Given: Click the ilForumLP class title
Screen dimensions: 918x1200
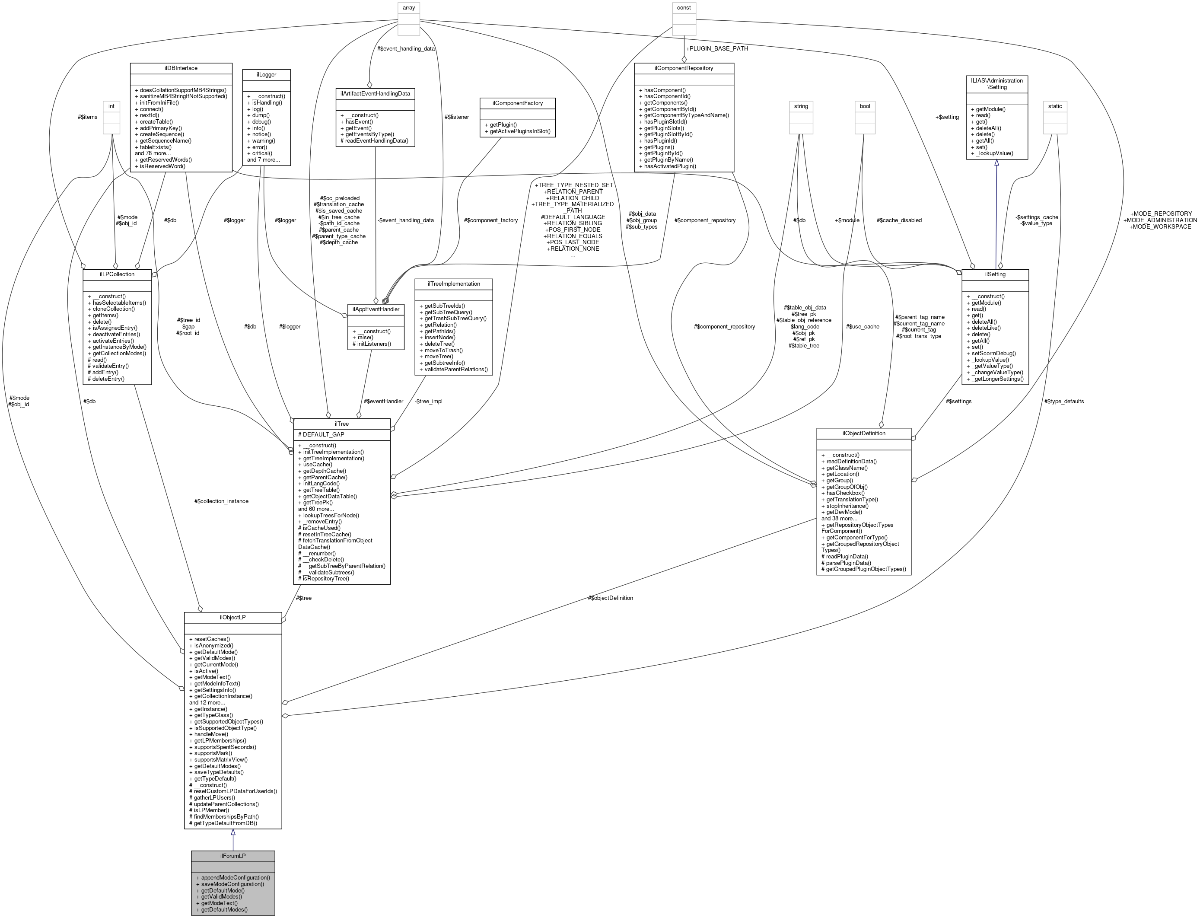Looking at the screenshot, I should click(232, 856).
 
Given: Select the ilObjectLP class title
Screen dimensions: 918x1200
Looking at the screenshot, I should click(232, 618).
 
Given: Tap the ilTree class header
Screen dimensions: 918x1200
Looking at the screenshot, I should click(341, 424).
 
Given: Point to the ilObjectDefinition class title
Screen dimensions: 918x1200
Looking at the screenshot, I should click(863, 433).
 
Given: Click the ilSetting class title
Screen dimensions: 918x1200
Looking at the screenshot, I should click(995, 274).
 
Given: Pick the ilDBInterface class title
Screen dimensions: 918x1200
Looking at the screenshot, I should click(181, 68).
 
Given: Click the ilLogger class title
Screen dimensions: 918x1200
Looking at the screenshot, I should click(267, 74).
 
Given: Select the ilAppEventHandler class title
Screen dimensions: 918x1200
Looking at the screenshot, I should click(376, 309).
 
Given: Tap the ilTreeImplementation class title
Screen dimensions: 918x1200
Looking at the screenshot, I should click(454, 284).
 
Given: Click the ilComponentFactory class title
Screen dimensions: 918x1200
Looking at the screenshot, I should click(517, 103).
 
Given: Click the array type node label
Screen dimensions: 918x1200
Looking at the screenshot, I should click(408, 8).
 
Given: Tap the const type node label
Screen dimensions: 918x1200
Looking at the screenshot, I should click(684, 8).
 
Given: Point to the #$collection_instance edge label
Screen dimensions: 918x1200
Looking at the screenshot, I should click(221, 501).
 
